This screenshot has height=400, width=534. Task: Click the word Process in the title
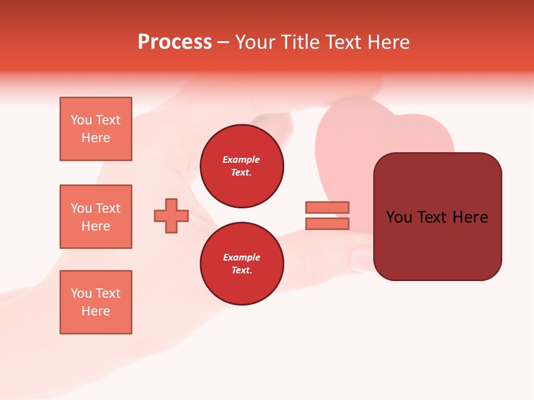click(175, 42)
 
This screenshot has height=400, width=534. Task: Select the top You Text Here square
click(96, 129)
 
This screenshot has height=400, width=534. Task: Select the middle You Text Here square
click(96, 217)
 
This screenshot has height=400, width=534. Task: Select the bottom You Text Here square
click(96, 302)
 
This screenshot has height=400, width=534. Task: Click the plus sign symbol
click(171, 216)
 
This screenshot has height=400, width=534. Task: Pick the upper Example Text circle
click(241, 166)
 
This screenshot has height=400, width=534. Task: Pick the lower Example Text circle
click(241, 264)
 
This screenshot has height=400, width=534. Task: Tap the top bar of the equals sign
click(327, 207)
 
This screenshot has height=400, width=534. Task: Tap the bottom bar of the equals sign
click(327, 223)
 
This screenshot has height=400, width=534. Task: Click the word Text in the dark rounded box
click(436, 217)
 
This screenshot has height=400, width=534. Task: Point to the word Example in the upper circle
click(241, 159)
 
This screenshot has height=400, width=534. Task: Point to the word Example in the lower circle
click(241, 257)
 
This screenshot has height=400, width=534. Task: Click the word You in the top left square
click(82, 120)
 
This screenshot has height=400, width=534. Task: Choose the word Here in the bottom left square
click(96, 311)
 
